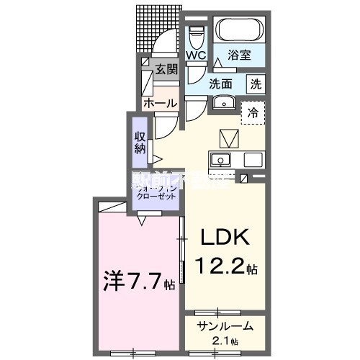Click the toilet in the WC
tap(196, 33)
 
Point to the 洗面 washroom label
tap(220, 83)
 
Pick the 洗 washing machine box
tap(256, 83)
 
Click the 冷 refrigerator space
tap(253, 112)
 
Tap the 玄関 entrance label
tap(166, 70)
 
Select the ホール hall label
tap(160, 104)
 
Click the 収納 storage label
tap(140, 142)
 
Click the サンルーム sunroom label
tap(226, 326)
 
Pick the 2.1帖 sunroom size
tap(226, 341)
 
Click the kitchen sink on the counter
tap(220, 160)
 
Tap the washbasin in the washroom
tap(224, 102)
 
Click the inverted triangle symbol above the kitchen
tap(228, 137)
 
